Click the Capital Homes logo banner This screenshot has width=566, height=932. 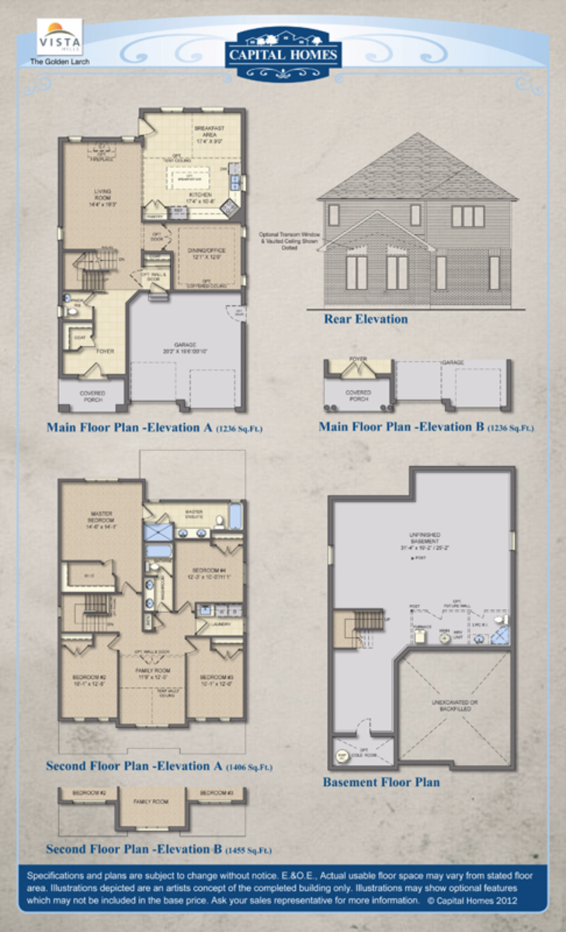283,53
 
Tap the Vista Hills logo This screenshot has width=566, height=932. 60,37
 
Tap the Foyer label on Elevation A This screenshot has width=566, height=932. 105,351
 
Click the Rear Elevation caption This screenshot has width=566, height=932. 365,318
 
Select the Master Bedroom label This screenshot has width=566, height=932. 102,516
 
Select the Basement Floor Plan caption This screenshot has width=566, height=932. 380,782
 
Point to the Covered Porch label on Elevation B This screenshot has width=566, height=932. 358,395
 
